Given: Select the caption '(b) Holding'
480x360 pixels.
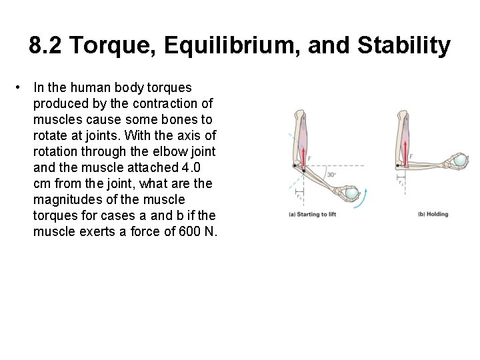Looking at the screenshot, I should (433, 214).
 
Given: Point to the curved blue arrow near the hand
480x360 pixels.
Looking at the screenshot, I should (364, 197).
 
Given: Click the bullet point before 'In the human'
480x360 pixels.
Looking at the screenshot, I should (23, 87).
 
